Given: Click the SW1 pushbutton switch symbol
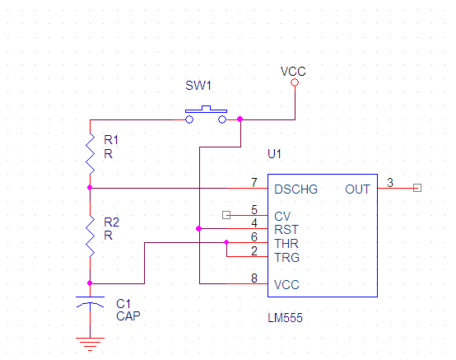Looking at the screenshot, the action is tap(206, 115).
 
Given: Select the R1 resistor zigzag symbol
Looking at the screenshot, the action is tap(91, 153).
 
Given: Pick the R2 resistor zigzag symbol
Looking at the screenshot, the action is tap(91, 236).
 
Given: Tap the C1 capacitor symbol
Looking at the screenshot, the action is tap(91, 302).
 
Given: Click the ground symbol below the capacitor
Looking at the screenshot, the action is tap(91, 344).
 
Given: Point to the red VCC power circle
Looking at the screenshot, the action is tap(295, 82).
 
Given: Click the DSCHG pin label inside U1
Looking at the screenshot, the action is tap(296, 189).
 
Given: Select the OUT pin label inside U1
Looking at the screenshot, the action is tap(358, 189).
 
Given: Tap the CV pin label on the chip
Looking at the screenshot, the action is tap(282, 217).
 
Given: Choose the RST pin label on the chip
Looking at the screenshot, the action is tap(286, 230).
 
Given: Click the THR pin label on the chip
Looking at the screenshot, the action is tap(286, 244).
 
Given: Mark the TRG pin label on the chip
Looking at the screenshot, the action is tap(287, 258).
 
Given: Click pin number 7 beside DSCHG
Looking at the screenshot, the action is tap(254, 183).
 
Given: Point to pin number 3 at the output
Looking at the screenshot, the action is tap(390, 183).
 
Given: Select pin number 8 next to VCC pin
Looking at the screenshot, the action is tap(254, 278).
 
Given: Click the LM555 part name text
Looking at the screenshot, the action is tap(285, 318).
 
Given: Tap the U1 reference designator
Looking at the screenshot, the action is tap(274, 154).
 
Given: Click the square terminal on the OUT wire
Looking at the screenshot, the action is tap(417, 188).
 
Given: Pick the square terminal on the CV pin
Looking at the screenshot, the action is tap(226, 215).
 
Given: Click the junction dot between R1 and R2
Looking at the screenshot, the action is tap(90, 188).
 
